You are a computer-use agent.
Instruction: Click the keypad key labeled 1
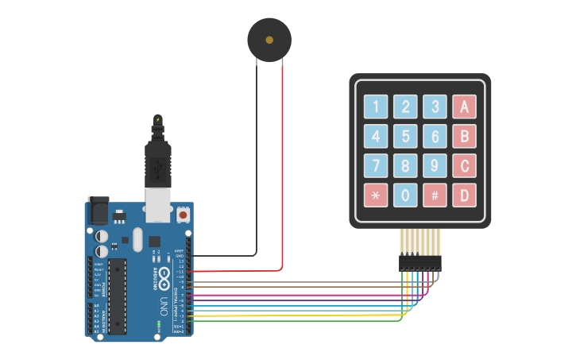click(x=376, y=106)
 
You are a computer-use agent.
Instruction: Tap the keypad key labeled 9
click(x=435, y=165)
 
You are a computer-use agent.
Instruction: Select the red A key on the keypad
click(x=464, y=106)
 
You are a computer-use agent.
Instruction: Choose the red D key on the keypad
click(x=464, y=195)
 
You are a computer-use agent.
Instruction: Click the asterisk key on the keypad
click(x=376, y=195)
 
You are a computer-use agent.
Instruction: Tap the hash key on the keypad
click(x=435, y=195)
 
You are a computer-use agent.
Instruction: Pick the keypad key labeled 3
click(x=435, y=106)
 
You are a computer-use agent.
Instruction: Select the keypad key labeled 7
click(x=376, y=165)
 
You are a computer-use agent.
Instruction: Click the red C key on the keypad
click(x=464, y=165)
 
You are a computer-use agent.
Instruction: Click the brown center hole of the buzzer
click(x=269, y=39)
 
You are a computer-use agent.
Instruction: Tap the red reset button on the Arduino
click(x=184, y=215)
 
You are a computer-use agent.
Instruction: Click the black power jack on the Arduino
click(x=97, y=211)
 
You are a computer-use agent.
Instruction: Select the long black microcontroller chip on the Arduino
click(x=117, y=296)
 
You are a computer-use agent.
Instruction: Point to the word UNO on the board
click(x=164, y=306)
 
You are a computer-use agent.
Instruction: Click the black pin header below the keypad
click(x=419, y=263)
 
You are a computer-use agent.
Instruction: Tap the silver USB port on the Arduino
click(x=158, y=205)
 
